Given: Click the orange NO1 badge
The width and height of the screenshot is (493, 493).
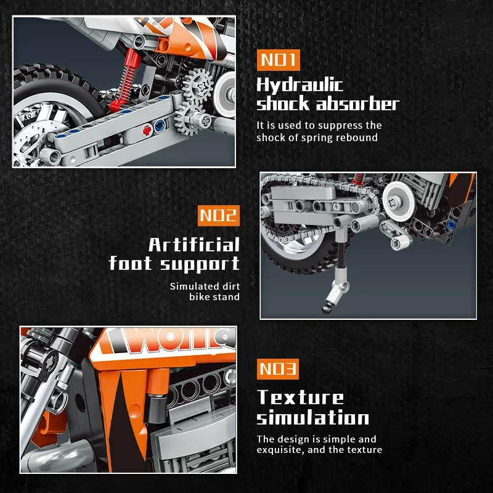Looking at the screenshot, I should click(277, 60).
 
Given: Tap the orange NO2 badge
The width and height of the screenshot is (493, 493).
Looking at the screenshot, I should click(219, 216).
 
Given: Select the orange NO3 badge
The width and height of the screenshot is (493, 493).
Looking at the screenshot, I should click(277, 369).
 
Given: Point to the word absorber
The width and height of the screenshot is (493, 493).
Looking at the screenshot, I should click(357, 104).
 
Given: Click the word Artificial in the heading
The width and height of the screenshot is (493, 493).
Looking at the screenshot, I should click(194, 245).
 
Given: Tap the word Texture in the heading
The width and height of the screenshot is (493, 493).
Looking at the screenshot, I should click(300, 397).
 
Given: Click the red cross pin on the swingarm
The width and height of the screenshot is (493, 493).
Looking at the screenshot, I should click(147, 131).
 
